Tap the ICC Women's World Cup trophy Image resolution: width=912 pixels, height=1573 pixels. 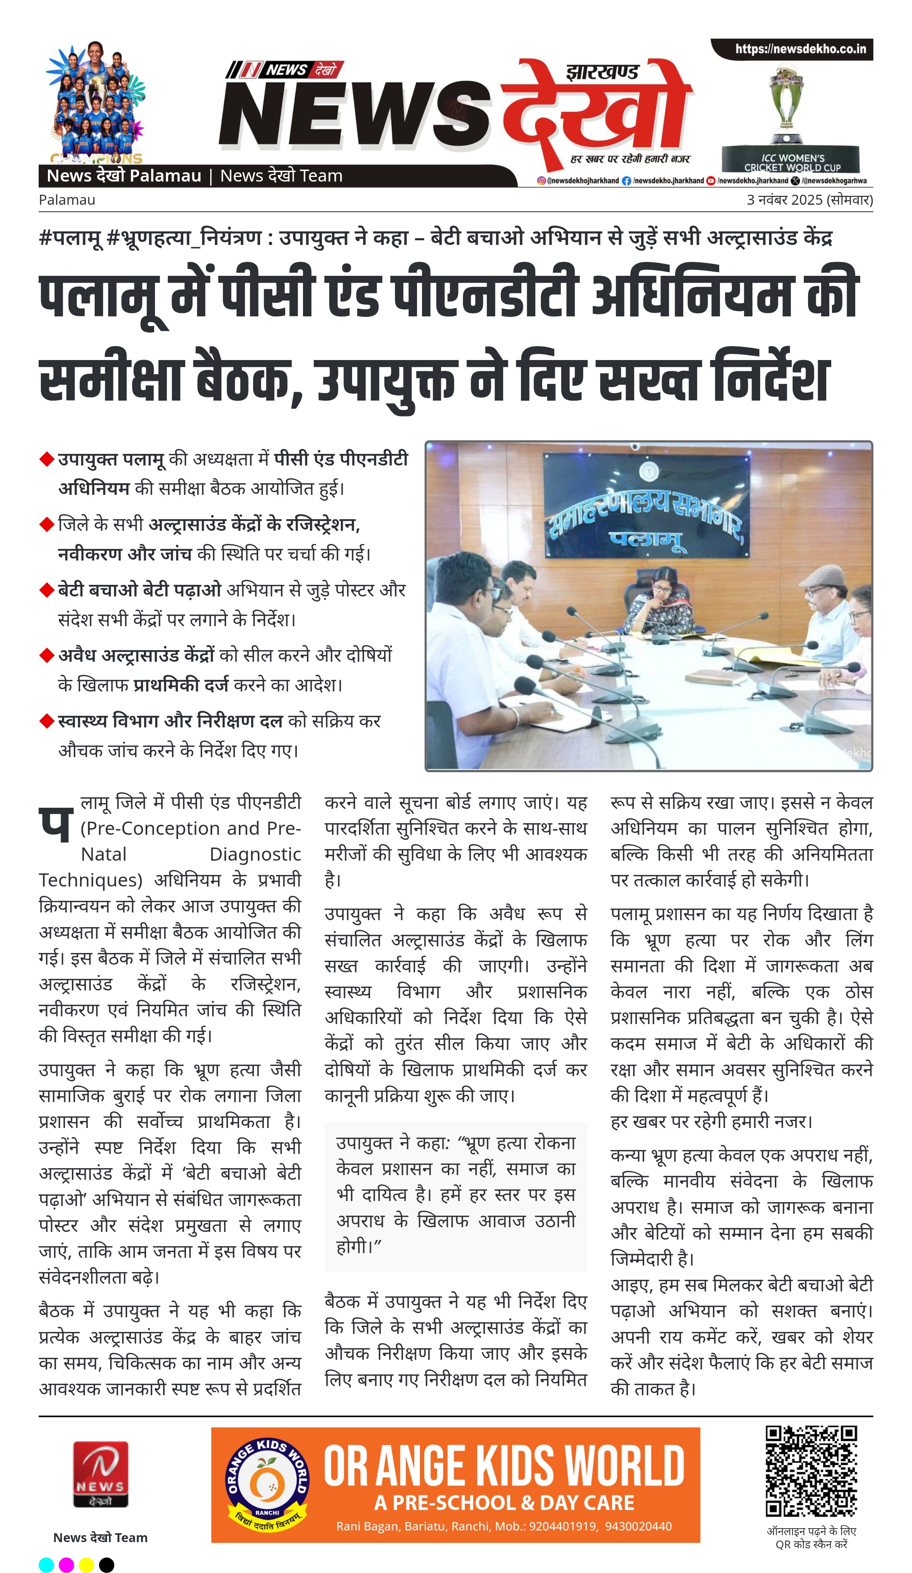[x=786, y=106]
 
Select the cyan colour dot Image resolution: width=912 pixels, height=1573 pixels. [x=47, y=1564]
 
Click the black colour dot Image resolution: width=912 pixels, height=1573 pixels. [x=107, y=1564]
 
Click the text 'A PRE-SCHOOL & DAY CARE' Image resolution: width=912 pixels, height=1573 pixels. [x=504, y=1502]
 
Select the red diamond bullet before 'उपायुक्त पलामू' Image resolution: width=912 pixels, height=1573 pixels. [x=47, y=459]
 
